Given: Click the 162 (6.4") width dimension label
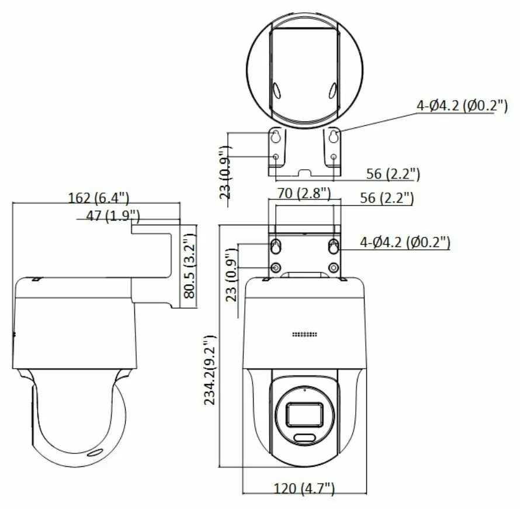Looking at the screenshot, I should coord(98,198).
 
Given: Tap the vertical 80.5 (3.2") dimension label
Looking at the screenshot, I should coord(189,266).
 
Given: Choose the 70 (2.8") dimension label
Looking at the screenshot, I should coord(303,192).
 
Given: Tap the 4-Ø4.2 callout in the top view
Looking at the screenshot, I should coord(462,106).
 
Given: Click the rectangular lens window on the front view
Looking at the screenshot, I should coord(303,414).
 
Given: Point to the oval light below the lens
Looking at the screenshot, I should coord(304,439).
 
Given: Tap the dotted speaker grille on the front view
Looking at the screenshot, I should coord(304,335).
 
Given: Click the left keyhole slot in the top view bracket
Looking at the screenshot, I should coord(276,137).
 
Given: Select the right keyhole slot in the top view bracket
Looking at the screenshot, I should coord(333,137).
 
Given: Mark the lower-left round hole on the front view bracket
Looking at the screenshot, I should coord(275,269).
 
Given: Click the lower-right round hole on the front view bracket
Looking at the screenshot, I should coord(333,269).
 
